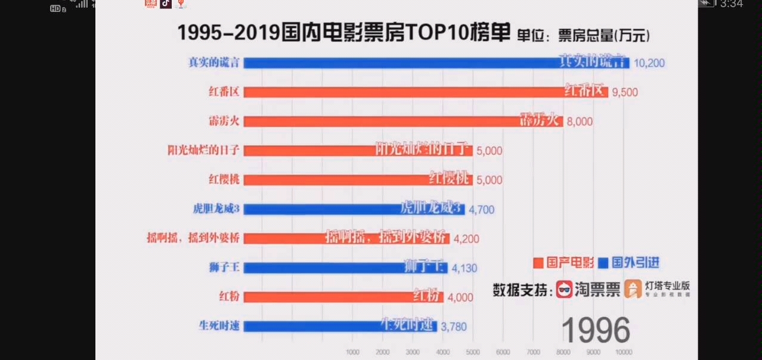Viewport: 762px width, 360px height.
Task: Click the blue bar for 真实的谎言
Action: click(435, 63)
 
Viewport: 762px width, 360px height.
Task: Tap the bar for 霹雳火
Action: click(402, 121)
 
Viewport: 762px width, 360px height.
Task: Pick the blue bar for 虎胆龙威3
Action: click(354, 209)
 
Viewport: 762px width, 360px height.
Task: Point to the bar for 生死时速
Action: click(340, 326)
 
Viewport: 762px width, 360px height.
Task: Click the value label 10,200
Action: click(649, 63)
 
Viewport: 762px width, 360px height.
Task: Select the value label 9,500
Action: click(625, 92)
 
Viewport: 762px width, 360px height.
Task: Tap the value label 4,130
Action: click(464, 268)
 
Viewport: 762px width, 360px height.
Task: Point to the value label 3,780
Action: click(454, 327)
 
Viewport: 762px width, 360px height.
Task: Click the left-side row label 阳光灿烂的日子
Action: click(203, 150)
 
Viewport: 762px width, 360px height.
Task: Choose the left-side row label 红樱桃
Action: click(224, 179)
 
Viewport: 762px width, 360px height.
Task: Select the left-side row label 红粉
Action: click(230, 296)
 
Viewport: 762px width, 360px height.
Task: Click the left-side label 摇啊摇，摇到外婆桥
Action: click(193, 238)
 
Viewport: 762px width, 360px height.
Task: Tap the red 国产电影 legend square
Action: click(538, 263)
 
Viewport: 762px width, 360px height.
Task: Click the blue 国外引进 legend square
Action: click(603, 263)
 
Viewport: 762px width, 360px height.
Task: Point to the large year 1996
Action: click(596, 330)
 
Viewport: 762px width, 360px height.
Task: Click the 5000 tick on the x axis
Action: click(472, 352)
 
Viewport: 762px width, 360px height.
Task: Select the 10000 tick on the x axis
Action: click(624, 352)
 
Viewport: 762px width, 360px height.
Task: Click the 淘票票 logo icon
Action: click(564, 290)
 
